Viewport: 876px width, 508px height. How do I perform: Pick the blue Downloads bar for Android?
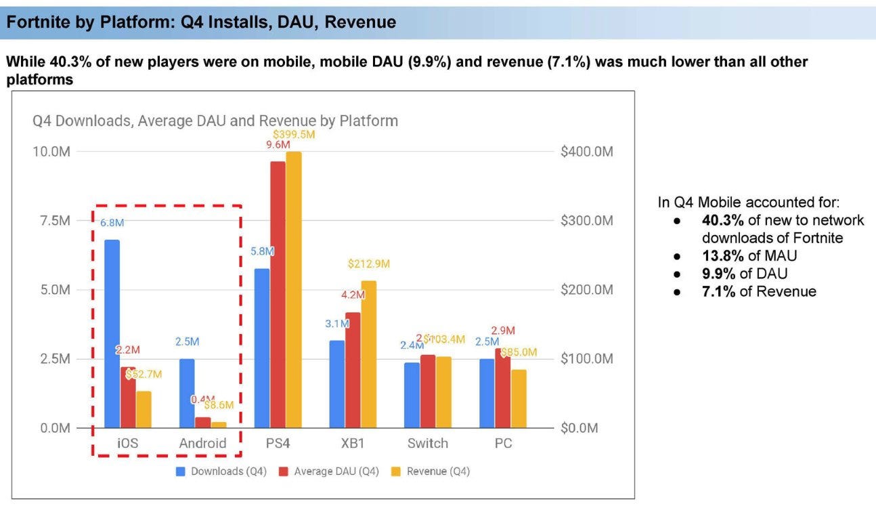click(x=187, y=394)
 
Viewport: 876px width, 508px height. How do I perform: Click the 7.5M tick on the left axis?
click(x=51, y=221)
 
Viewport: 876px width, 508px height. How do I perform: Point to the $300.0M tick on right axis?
click(x=587, y=221)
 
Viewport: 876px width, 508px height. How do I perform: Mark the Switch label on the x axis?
click(x=427, y=444)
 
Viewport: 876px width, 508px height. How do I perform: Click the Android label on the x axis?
click(x=202, y=444)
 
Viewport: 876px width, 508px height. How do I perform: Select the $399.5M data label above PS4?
click(x=294, y=135)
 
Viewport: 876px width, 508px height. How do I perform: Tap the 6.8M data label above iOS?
click(x=112, y=223)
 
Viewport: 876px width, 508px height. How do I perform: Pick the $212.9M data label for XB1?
click(x=368, y=263)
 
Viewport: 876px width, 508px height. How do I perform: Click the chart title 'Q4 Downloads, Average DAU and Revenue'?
click(x=215, y=121)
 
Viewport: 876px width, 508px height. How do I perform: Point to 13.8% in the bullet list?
click(x=722, y=256)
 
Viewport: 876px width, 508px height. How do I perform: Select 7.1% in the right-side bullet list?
click(x=718, y=291)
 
